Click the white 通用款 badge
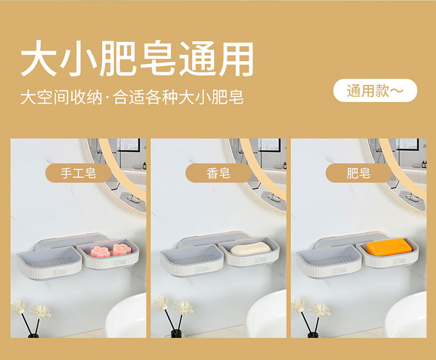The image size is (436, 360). point(375,91)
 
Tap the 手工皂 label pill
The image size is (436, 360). point(78,173)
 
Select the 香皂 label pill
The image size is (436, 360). point(218,173)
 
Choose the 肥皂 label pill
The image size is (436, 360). point(359,173)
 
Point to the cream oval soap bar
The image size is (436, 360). point(251,248)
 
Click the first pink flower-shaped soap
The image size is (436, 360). point(99,251)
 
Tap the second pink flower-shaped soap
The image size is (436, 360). point(122,249)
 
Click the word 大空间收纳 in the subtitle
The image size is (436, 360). point(61,97)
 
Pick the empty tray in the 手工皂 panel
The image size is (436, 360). point(50,262)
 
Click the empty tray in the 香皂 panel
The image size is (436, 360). point(192,260)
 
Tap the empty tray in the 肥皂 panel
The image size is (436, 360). point(329,261)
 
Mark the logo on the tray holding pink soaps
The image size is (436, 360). point(120,263)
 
